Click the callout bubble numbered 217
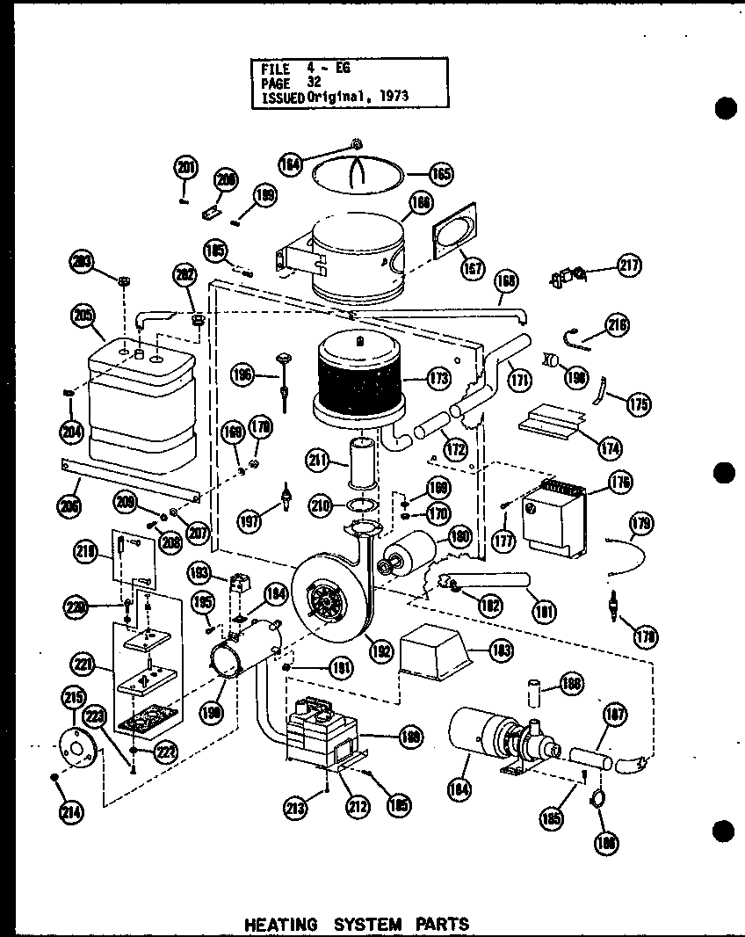630,266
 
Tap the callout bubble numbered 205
83,317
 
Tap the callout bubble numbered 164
291,163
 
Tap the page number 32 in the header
315,82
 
